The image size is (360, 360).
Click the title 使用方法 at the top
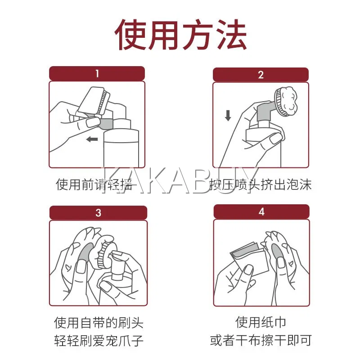point(180,35)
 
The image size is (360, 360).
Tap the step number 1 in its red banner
point(97,73)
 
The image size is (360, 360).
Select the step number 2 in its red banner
point(261,75)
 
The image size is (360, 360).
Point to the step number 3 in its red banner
point(98,213)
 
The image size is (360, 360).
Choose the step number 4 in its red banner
point(261,211)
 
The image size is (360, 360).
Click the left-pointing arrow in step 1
point(92,139)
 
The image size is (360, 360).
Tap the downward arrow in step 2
point(228,116)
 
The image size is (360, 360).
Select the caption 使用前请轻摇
point(94,184)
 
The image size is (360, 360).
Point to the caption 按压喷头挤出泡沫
point(261,184)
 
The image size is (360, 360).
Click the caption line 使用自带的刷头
point(99,322)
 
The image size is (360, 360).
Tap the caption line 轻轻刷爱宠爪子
point(99,341)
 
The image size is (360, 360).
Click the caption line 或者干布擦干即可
point(261,340)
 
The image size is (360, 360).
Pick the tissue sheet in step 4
point(250,260)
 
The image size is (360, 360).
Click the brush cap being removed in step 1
point(94,100)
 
